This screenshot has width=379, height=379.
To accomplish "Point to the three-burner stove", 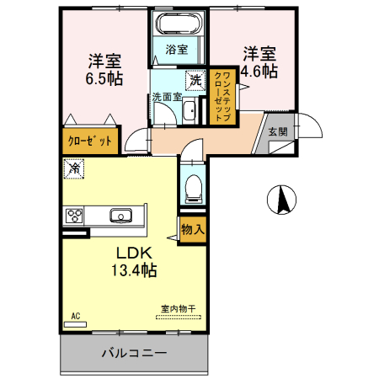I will (73, 215).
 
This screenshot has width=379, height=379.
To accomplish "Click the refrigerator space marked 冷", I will (74, 168).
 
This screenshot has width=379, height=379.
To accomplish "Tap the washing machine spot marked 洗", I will (195, 81).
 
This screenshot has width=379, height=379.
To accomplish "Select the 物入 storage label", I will (193, 227).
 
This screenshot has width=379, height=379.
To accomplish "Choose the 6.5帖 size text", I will (104, 78).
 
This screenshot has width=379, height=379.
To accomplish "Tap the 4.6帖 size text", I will (259, 71).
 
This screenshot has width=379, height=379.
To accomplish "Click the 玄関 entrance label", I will (277, 131).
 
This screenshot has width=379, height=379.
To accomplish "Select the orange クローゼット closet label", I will (88, 141).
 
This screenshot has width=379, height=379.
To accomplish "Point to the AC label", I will (75, 316).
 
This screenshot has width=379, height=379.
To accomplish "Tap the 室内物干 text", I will (177, 309).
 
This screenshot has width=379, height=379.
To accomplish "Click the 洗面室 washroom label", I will (165, 97).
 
